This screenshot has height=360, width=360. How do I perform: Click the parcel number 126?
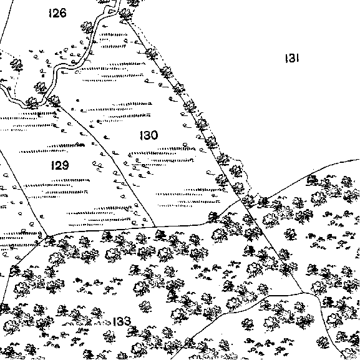point(57,13)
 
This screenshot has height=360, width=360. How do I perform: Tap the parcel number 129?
point(60,165)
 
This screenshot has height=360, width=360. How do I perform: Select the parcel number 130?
point(148,135)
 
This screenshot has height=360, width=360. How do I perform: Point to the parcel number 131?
point(292,58)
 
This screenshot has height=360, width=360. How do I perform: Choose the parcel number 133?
point(122,321)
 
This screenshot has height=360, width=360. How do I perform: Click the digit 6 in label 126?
point(62,13)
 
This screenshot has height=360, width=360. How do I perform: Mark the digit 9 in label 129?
point(65,165)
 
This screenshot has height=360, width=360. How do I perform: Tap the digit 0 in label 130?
point(154,135)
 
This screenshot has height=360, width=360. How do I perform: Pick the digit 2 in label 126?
point(56,13)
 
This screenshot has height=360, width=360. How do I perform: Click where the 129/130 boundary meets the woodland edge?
point(155,226)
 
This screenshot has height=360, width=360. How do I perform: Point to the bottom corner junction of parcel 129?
point(48,236)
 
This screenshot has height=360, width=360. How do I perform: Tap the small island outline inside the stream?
point(112,11)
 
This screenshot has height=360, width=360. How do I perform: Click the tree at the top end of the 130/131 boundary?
point(125,14)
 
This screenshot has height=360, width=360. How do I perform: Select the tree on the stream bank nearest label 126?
point(87,27)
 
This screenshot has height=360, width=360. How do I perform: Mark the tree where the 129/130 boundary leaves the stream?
point(54,101)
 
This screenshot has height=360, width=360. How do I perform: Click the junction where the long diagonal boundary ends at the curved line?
point(303,293)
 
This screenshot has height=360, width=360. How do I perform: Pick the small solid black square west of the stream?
point(42,75)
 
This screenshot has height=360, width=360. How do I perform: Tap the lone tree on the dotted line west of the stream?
point(16,64)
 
